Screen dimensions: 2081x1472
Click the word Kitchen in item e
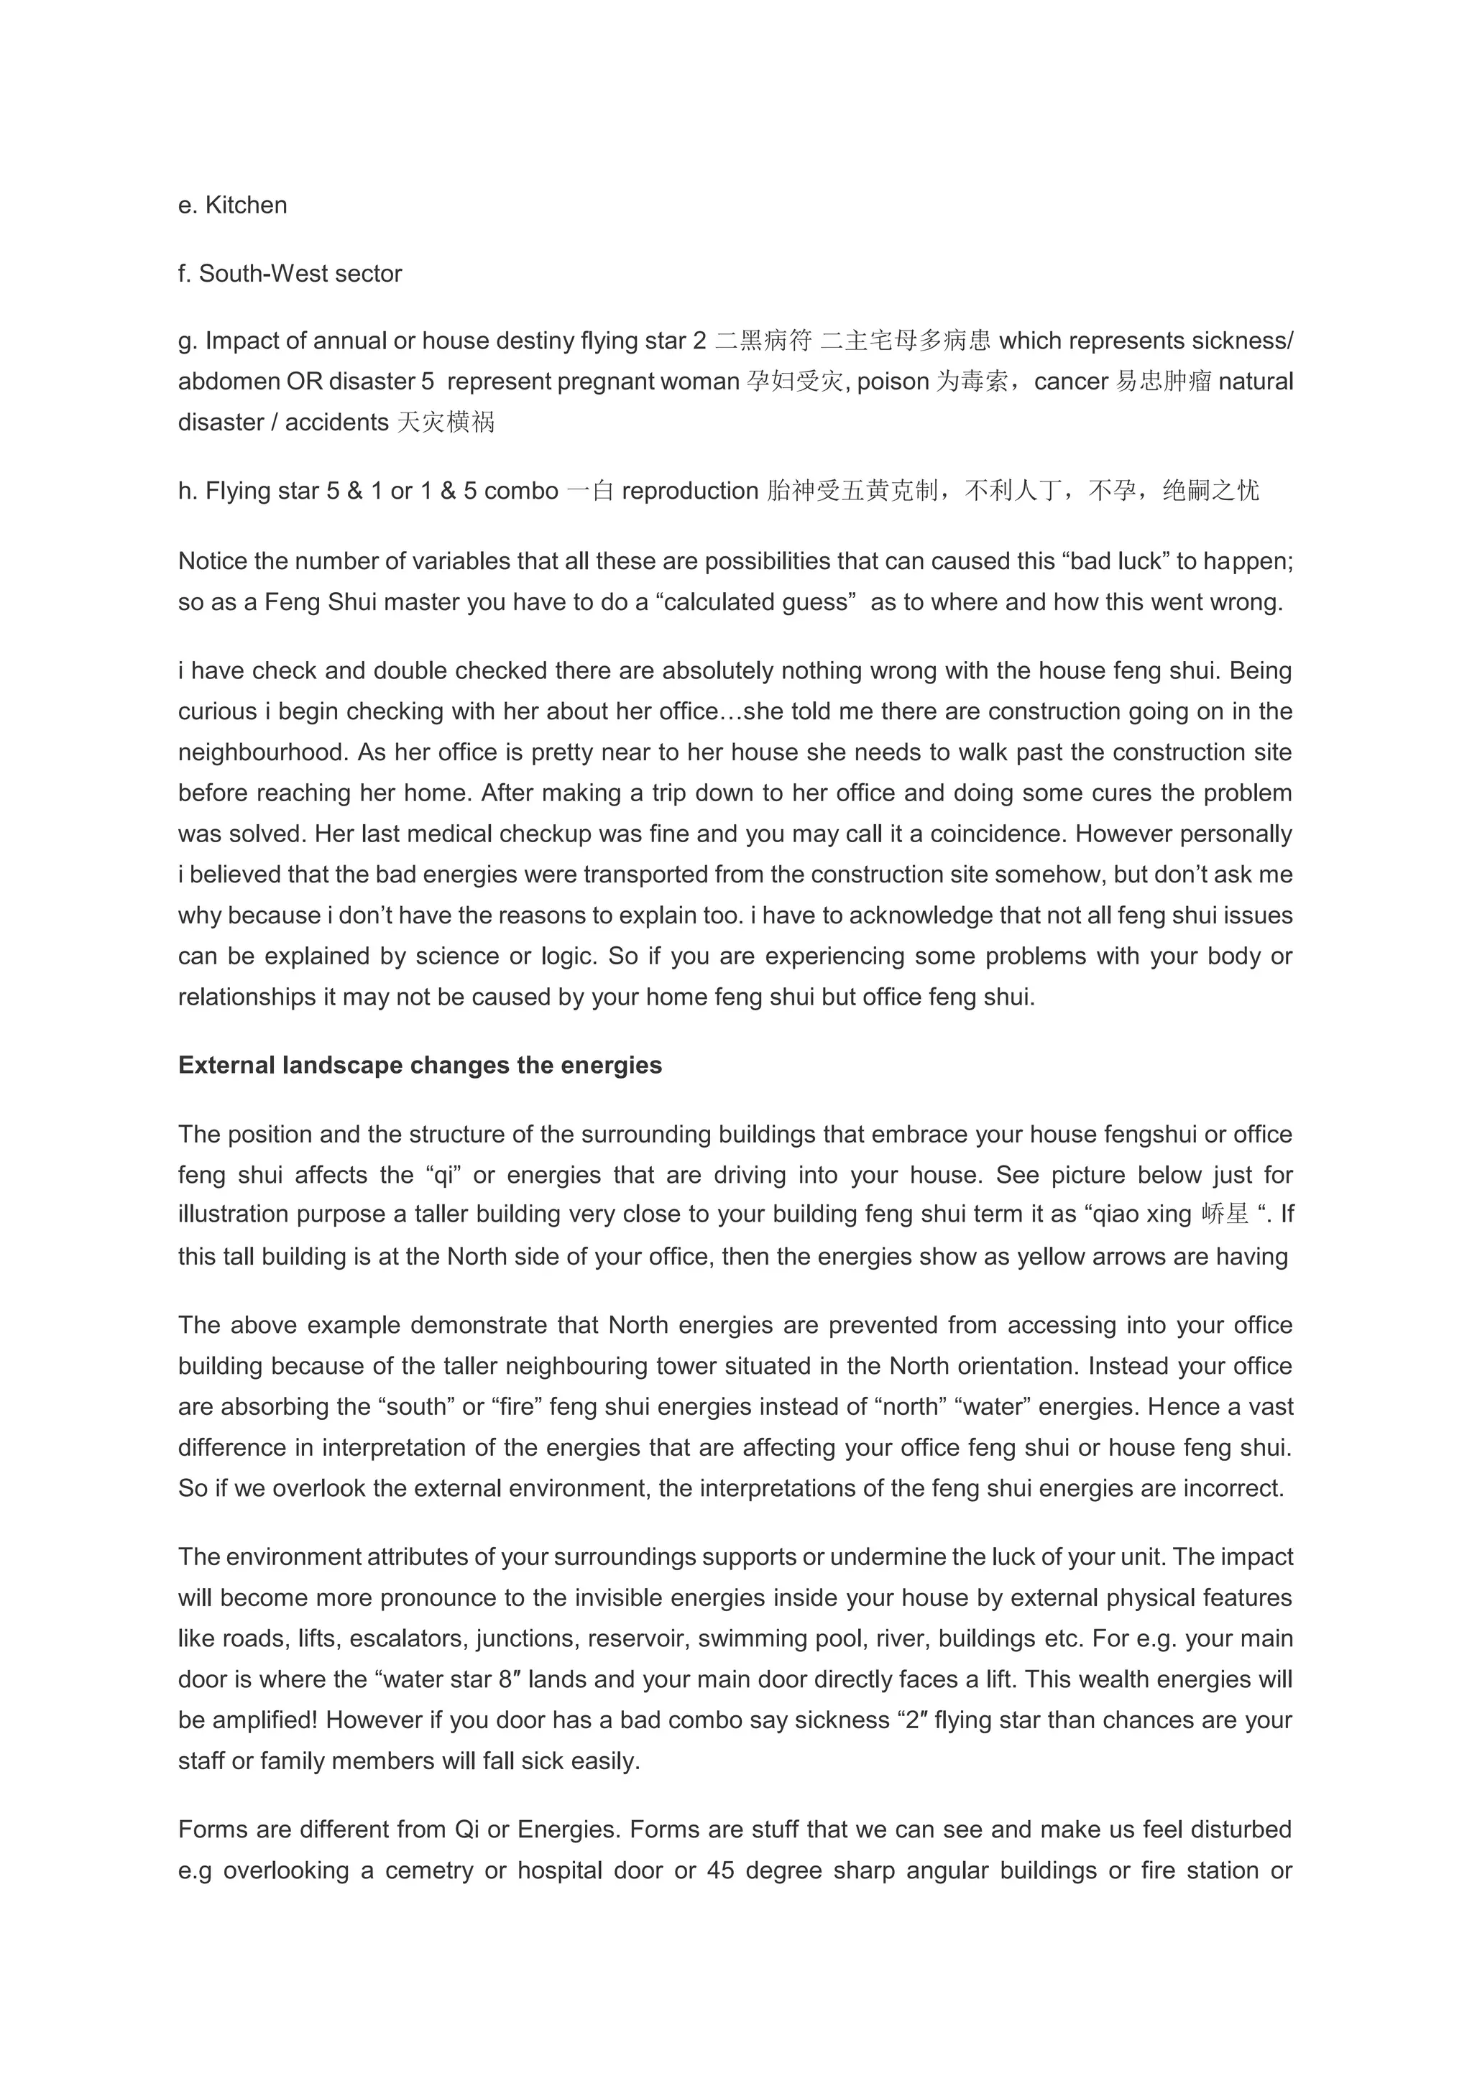[x=246, y=206]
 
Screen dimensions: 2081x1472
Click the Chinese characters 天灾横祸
[x=446, y=423]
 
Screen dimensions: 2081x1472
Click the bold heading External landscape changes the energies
[x=420, y=1066]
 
